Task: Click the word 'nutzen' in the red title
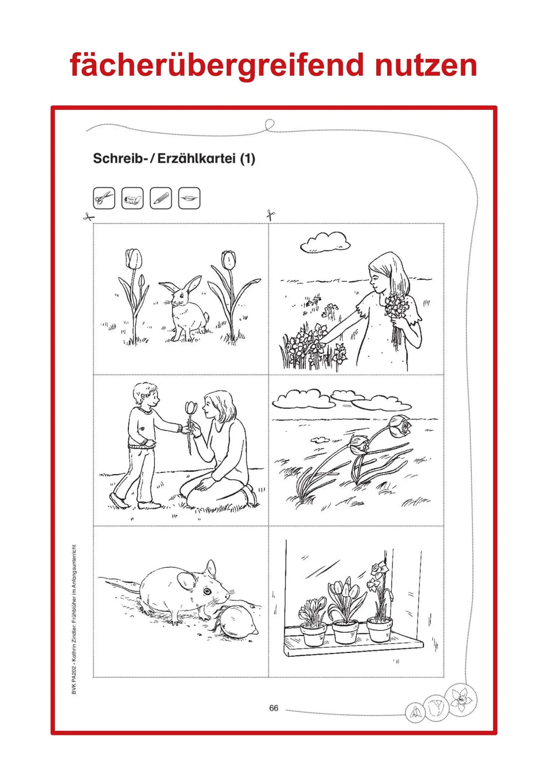[x=426, y=66]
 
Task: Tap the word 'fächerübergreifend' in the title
[x=217, y=66]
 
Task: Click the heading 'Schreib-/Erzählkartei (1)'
[x=174, y=158]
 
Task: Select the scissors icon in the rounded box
[x=104, y=198]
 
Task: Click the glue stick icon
[x=132, y=198]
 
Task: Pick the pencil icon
[x=161, y=198]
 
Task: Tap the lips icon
[x=189, y=198]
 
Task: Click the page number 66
[x=274, y=708]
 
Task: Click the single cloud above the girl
[x=326, y=242]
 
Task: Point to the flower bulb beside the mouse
[x=237, y=622]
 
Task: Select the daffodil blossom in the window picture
[x=379, y=569]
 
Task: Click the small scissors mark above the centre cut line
[x=271, y=215]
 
